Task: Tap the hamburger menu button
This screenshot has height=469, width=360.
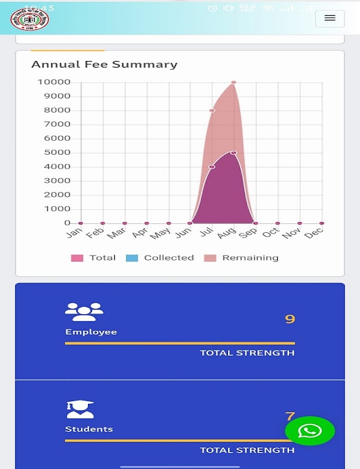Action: point(330,18)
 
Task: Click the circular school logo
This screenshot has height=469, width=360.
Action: point(30,18)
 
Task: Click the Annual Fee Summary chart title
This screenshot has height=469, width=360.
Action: point(104,64)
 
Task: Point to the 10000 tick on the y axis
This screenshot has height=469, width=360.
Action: point(54,82)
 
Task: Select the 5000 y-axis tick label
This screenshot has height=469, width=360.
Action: point(57,152)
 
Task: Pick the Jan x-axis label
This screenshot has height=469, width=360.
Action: point(73,233)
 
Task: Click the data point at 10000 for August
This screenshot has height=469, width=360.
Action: point(233,83)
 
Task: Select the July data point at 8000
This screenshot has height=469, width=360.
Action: point(212,110)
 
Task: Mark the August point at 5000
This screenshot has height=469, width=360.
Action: point(233,152)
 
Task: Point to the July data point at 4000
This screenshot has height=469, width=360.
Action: point(212,166)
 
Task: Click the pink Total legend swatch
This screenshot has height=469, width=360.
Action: point(77,258)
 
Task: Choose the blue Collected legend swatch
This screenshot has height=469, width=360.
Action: point(132,258)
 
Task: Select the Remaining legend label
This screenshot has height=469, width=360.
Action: point(250,258)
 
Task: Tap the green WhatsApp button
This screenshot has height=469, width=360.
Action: point(310,431)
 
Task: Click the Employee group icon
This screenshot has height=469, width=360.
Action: point(84,311)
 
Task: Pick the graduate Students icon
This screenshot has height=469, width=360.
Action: point(80,409)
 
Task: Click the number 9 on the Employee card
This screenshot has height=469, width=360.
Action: point(290,320)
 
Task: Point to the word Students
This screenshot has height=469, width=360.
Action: point(89,429)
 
